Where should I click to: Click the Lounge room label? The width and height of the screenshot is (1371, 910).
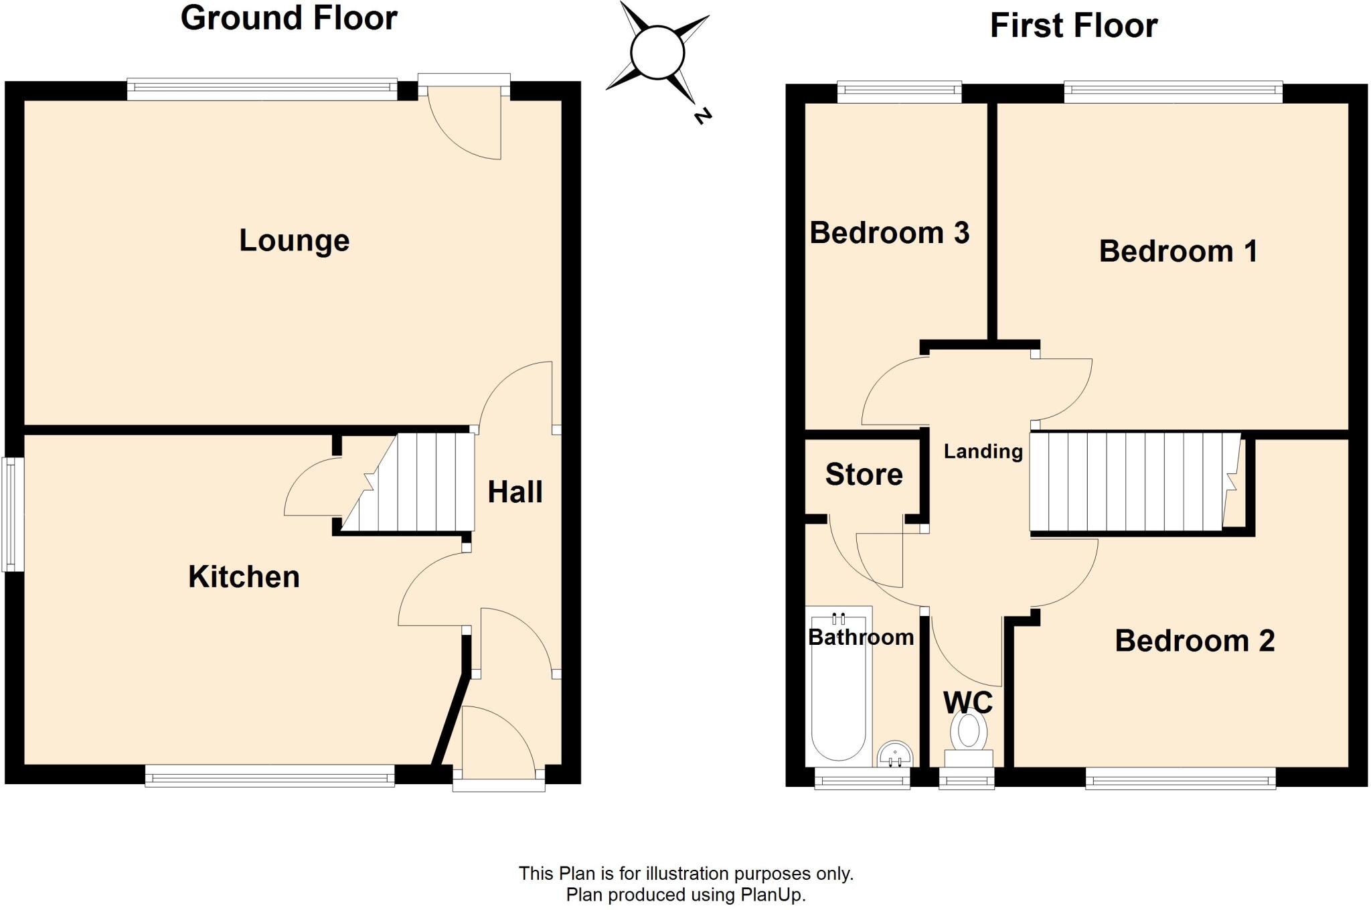pos(294,240)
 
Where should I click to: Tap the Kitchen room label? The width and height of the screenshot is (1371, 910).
pos(244,577)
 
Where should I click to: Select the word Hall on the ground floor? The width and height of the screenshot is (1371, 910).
pos(515,492)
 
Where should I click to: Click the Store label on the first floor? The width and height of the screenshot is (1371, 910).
pos(864,474)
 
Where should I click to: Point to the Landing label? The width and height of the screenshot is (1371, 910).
pos(983,451)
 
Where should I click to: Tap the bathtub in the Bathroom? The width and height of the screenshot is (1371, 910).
pos(839,686)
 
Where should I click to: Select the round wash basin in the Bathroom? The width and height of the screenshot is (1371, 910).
pos(894,754)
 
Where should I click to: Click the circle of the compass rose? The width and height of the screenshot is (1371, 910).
pos(657,52)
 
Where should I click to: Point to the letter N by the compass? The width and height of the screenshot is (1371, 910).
pos(702,117)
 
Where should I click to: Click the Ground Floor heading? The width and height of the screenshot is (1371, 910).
pos(289,18)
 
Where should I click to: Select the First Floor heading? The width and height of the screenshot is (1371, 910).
pos(1073,26)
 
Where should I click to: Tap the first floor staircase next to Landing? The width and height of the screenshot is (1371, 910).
pos(1131,482)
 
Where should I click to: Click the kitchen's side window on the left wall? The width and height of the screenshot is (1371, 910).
pos(13,514)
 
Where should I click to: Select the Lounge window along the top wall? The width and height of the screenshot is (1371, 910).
pos(262,89)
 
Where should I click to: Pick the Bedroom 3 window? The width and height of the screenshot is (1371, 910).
pos(899,92)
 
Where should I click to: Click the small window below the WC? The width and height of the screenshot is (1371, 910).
pos(966,779)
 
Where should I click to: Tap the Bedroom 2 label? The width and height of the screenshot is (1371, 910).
pos(1194,641)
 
